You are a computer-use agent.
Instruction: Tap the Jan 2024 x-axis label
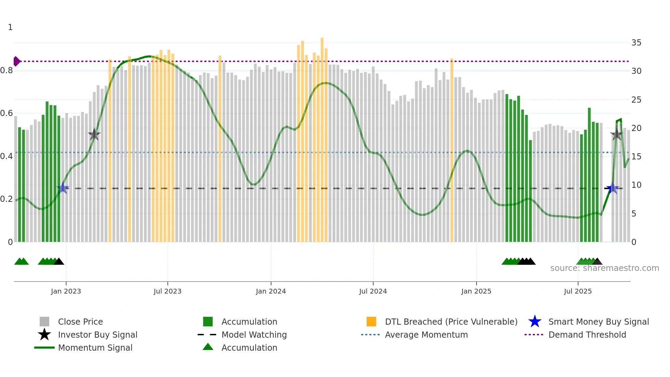(271, 291)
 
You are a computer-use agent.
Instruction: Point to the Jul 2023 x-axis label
(167, 291)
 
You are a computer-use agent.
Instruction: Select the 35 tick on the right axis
(636, 43)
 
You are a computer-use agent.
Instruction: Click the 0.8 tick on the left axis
(6, 70)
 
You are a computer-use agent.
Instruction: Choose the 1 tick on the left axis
(10, 27)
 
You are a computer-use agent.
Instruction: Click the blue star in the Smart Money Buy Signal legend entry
(535, 322)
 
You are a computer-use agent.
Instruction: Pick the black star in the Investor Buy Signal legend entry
(44, 335)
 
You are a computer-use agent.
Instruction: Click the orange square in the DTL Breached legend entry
(371, 322)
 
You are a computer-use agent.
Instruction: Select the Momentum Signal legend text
(95, 348)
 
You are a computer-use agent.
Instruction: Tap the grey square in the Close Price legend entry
(44, 322)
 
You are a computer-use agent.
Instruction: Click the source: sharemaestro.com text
(604, 268)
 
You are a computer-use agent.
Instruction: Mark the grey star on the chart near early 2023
(94, 134)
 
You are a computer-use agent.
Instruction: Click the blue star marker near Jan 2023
(63, 188)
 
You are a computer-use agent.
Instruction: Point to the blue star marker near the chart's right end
(612, 188)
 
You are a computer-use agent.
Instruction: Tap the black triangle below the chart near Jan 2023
(59, 261)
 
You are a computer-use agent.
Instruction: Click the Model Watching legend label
(254, 335)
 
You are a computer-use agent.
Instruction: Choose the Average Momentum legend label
(426, 335)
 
